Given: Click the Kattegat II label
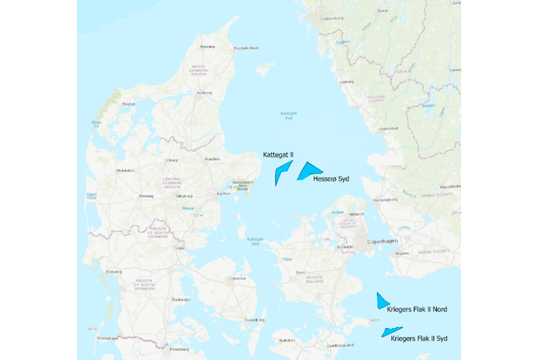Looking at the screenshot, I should click(x=278, y=155).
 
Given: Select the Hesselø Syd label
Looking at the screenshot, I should click(x=331, y=178).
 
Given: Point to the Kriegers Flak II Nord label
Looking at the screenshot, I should click(x=417, y=310).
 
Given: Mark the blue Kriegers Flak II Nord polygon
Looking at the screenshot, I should click(x=381, y=301).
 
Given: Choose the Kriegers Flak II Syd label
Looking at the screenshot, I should click(x=419, y=338).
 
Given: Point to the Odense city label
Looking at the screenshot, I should click(x=238, y=278).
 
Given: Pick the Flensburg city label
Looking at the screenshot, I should click(x=179, y=349).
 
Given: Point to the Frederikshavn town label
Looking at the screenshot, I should click(x=246, y=48).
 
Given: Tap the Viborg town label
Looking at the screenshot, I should click(x=172, y=160).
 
